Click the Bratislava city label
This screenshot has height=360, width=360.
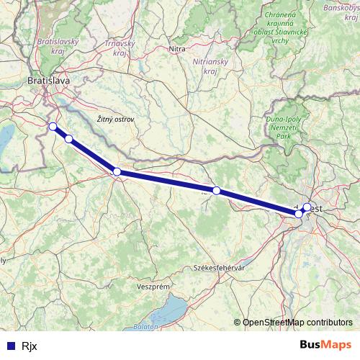pyautogui.click(x=48, y=81)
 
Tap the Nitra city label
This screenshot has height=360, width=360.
pyautogui.click(x=176, y=49)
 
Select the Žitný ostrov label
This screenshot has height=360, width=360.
pyautogui.click(x=114, y=118)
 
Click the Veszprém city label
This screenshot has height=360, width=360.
pyautogui.click(x=152, y=286)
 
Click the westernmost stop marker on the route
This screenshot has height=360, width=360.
pyautogui.click(x=52, y=127)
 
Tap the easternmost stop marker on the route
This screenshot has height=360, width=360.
pyautogui.click(x=307, y=207)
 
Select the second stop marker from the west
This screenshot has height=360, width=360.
pyautogui.click(x=68, y=139)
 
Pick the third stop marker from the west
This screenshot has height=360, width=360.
pyautogui.click(x=117, y=171)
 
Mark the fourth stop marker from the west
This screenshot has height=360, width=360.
pyautogui.click(x=216, y=190)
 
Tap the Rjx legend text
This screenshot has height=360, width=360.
pyautogui.click(x=29, y=345)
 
